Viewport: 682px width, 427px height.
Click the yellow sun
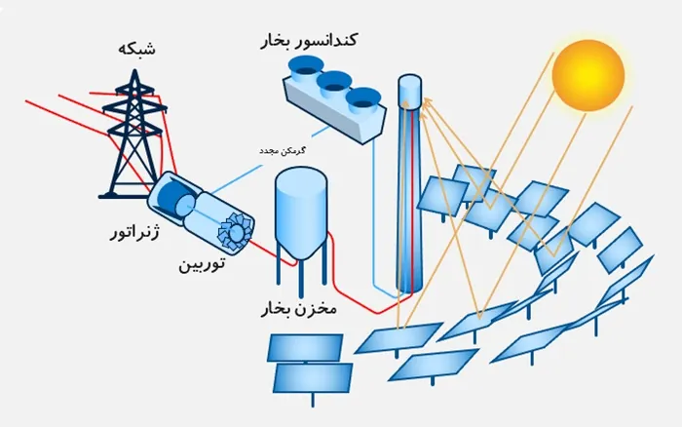(x=588, y=75)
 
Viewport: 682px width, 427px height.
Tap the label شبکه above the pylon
(x=136, y=49)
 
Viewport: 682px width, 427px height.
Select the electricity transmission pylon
(x=134, y=135)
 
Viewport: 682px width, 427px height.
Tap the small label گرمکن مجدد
(x=282, y=151)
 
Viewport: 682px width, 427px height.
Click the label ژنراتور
(x=134, y=232)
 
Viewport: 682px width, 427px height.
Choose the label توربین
(x=202, y=264)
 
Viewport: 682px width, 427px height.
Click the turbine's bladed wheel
(x=236, y=232)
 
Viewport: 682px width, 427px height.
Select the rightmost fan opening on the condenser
(x=363, y=98)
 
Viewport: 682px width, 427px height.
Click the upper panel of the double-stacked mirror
(x=305, y=347)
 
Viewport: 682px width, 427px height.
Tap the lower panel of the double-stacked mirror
(x=313, y=378)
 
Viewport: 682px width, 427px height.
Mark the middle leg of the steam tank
(x=301, y=279)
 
